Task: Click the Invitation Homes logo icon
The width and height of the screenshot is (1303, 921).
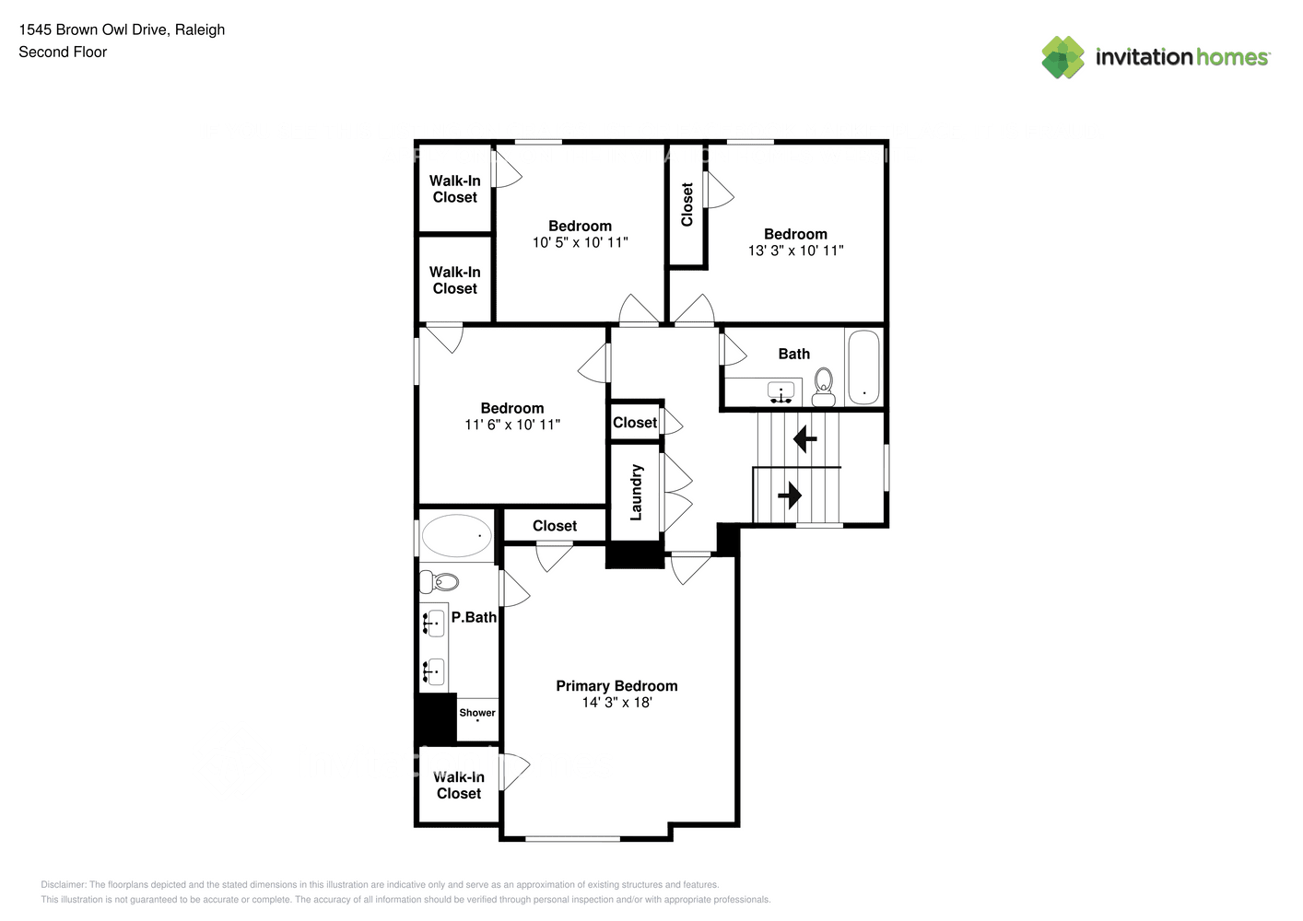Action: pyautogui.click(x=1062, y=57)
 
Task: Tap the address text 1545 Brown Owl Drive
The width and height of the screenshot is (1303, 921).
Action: pyautogui.click(x=94, y=29)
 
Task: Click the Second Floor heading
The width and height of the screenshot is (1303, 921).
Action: pyautogui.click(x=63, y=52)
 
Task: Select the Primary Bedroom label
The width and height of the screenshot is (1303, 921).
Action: pyautogui.click(x=616, y=686)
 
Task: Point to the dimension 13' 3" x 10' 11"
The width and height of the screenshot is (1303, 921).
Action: pyautogui.click(x=795, y=251)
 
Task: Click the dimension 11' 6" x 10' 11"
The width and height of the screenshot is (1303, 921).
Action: pyautogui.click(x=512, y=425)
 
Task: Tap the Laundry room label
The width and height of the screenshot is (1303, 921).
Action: pyautogui.click(x=636, y=492)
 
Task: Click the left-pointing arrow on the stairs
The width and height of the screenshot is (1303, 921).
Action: pyautogui.click(x=805, y=439)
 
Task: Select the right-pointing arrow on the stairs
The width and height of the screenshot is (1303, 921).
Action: pyautogui.click(x=790, y=495)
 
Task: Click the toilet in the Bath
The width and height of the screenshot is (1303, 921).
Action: pyautogui.click(x=823, y=387)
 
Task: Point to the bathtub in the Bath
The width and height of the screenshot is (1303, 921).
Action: pyautogui.click(x=863, y=367)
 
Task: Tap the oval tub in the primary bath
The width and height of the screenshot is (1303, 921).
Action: pyautogui.click(x=456, y=535)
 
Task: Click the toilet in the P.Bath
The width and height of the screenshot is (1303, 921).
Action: pyautogui.click(x=440, y=581)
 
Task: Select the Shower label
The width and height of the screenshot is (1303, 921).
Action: pyautogui.click(x=477, y=713)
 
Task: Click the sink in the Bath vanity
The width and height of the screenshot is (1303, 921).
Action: pyautogui.click(x=781, y=392)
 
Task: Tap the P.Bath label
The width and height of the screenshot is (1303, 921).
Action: pyautogui.click(x=474, y=617)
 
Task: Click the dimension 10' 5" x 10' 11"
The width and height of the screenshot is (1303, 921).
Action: pyautogui.click(x=580, y=242)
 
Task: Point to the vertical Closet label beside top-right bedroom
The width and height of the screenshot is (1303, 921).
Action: pyautogui.click(x=687, y=204)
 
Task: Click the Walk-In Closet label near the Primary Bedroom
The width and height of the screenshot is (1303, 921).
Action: pyautogui.click(x=458, y=786)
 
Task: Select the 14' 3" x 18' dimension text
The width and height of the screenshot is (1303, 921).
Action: pyautogui.click(x=616, y=703)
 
